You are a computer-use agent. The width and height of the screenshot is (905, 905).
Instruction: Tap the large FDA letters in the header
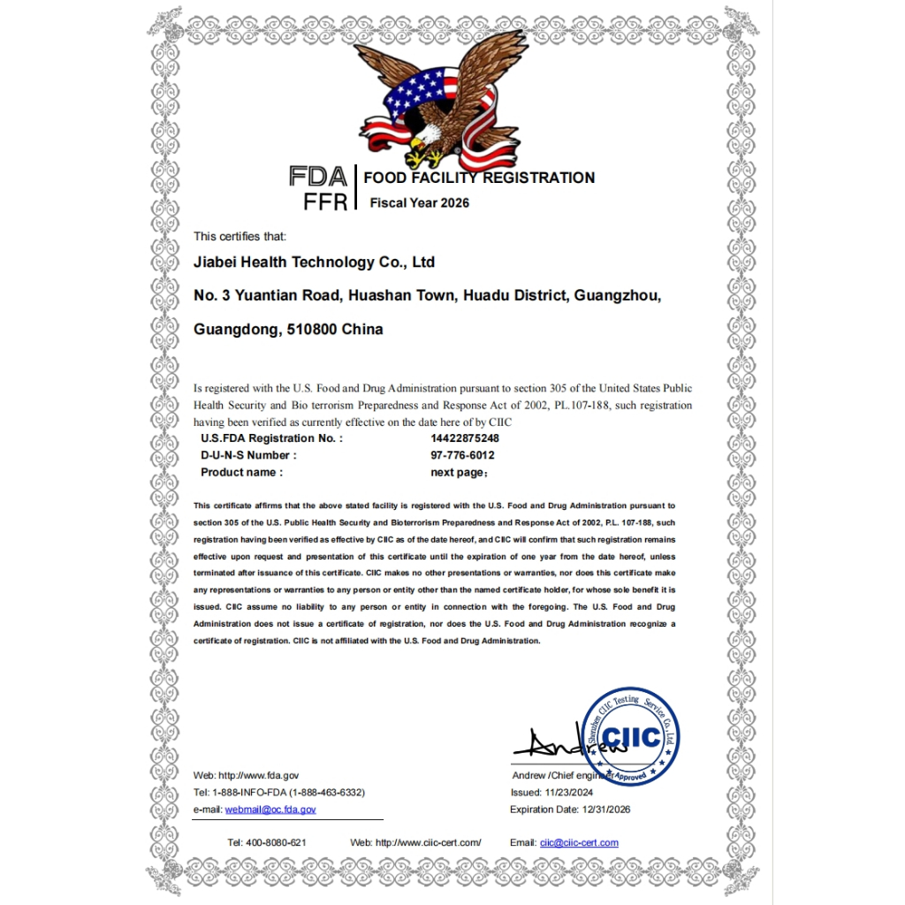pos(317,177)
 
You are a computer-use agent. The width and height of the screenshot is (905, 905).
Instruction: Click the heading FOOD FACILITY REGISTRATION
pos(479,178)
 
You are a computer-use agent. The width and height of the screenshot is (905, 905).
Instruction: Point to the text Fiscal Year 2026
pos(419,202)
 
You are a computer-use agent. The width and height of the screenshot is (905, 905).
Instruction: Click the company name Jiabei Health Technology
pos(314,262)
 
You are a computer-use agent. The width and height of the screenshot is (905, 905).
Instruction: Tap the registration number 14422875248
pos(465,438)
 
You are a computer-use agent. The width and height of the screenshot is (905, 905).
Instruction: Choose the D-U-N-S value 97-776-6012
pos(462,455)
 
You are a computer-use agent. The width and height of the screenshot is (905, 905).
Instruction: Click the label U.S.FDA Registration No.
pos(271,438)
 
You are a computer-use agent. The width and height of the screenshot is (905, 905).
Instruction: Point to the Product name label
pos(241,472)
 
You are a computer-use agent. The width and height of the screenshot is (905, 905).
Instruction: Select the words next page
pos(456,472)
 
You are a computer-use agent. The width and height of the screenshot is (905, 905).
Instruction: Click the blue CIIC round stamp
pos(631,736)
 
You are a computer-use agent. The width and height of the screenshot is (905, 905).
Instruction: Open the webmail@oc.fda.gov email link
pos(270,809)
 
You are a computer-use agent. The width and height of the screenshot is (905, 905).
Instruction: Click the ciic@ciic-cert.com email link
pos(579,842)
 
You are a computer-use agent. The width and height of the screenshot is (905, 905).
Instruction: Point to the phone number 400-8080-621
pos(278,842)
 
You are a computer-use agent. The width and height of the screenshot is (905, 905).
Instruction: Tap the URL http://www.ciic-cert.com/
pos(428,842)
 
